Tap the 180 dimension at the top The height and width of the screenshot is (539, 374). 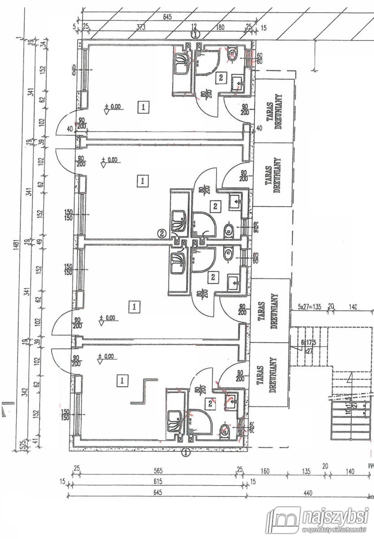pos(220,27)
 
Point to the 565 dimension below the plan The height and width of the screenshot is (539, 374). pos(158,472)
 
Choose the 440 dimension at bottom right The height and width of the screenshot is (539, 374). pos(308,493)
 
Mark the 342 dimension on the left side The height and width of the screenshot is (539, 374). pos(28,393)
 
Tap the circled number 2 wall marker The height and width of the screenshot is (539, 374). pos(161,233)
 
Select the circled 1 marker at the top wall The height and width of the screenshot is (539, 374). pos(195,34)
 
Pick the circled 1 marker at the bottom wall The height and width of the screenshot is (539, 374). pos(185,452)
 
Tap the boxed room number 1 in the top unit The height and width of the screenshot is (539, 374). pos(143,107)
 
